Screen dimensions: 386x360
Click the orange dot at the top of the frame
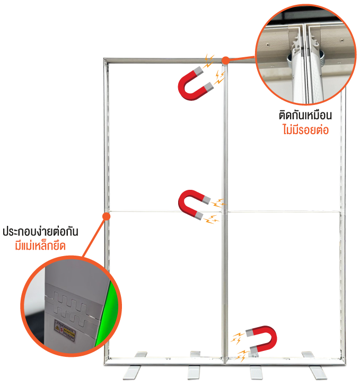pyautogui.click(x=225, y=60)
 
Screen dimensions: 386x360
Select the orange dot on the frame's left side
pyautogui.click(x=107, y=216)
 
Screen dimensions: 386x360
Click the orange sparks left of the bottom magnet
pyautogui.click(x=240, y=344)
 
